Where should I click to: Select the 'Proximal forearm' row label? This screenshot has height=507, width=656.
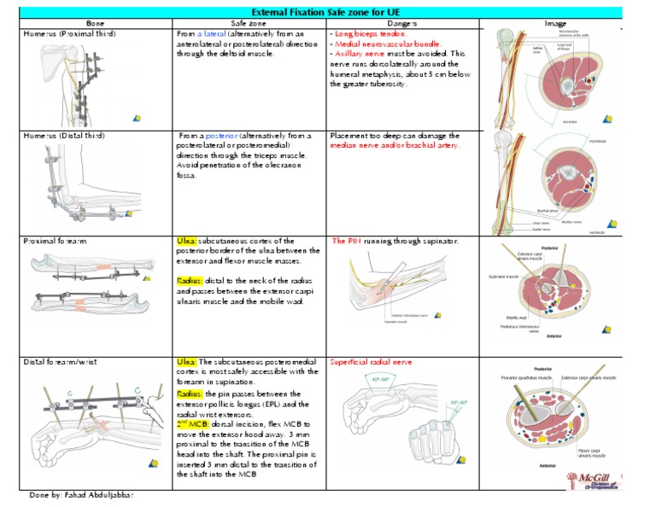point(56,242)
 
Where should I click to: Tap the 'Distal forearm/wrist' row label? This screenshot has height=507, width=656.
point(61,362)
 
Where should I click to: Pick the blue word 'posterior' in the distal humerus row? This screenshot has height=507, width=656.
point(222,135)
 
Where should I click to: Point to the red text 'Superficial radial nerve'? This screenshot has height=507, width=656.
point(371,362)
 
